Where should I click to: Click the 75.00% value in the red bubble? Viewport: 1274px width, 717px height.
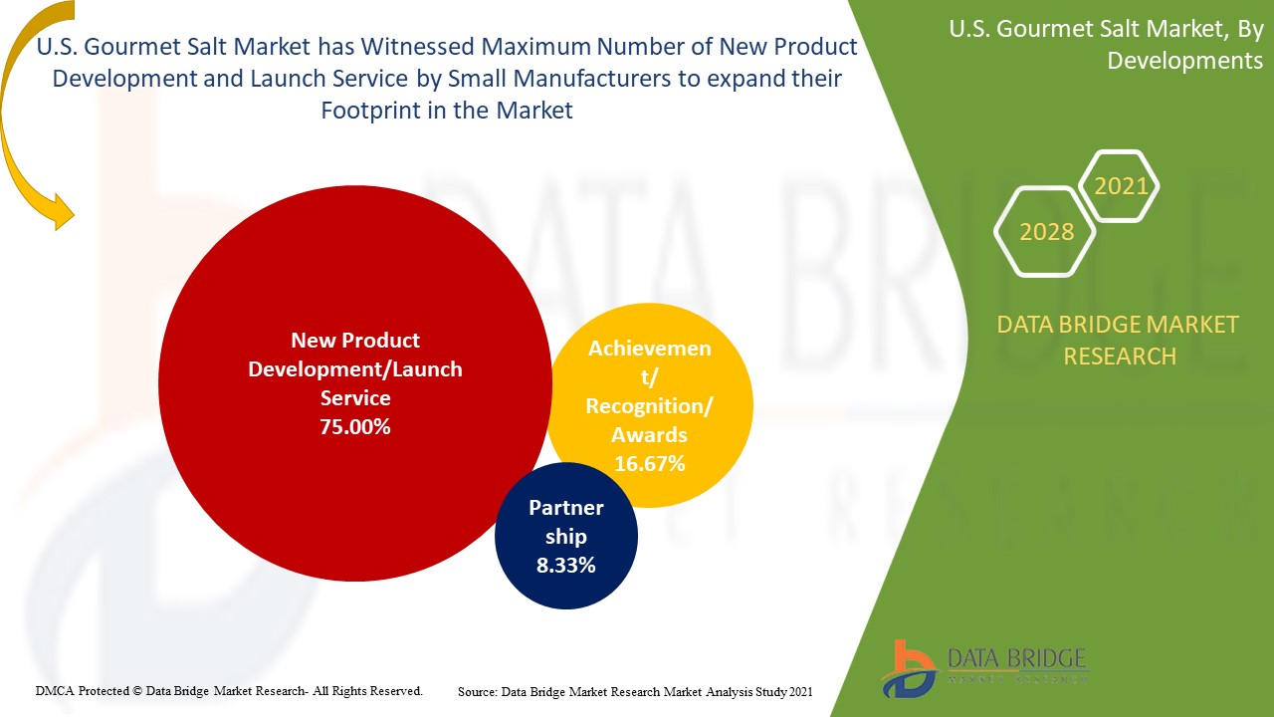point(355,427)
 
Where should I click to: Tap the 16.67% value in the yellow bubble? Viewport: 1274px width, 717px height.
point(649,463)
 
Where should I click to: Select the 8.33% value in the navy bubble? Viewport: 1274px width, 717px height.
point(565,565)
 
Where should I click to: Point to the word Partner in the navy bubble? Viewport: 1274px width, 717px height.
point(565,508)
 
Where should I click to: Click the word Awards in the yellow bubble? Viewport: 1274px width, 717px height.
point(650,434)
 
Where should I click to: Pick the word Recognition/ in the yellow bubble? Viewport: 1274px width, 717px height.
point(649,406)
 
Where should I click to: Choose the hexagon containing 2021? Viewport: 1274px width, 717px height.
point(1120,186)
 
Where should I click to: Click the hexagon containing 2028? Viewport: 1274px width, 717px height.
point(1046,232)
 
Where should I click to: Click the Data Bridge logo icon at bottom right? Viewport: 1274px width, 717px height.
point(908,668)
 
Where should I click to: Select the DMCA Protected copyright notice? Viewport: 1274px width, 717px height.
point(229,690)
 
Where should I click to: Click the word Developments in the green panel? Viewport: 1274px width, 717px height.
point(1184,61)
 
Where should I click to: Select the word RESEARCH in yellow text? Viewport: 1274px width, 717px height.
point(1120,356)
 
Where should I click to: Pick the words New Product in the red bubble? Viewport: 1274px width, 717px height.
point(355,341)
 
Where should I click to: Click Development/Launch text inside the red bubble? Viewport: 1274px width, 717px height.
point(355,369)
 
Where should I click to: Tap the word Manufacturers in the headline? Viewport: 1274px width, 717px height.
point(584,79)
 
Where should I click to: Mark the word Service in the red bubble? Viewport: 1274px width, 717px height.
point(355,398)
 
